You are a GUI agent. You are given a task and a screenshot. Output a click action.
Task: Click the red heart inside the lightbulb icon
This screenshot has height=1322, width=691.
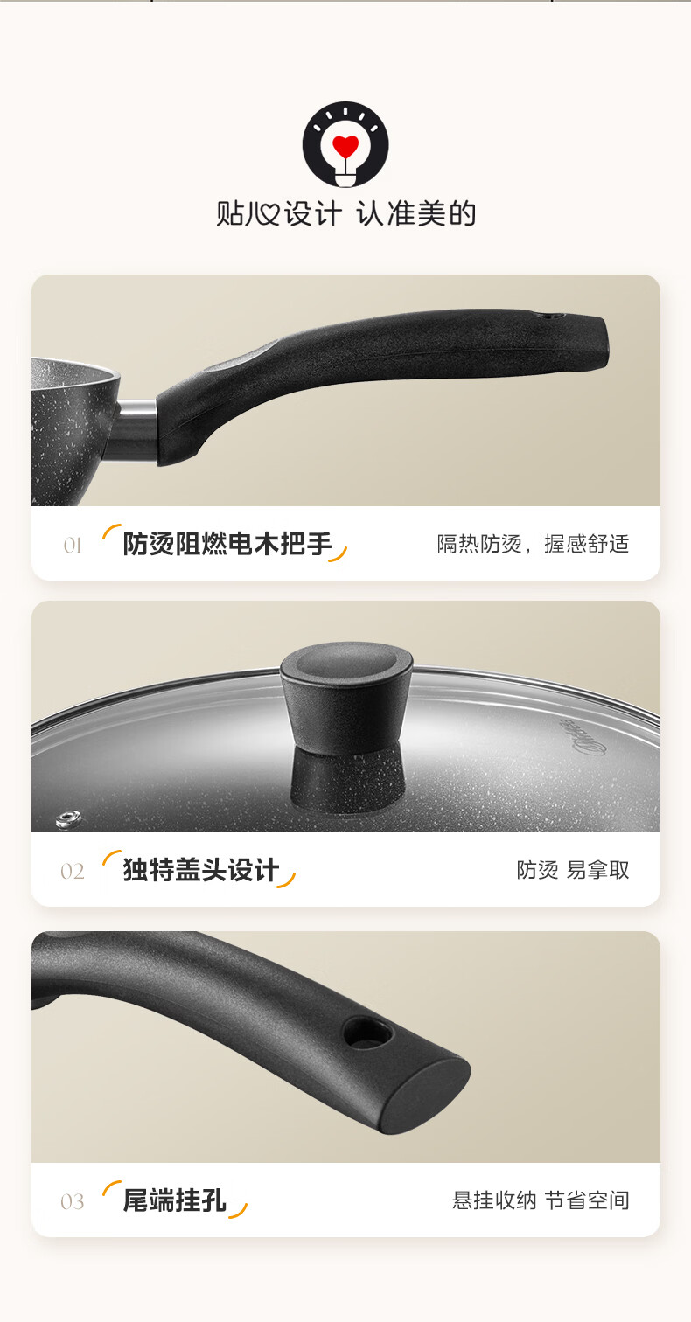[345, 146]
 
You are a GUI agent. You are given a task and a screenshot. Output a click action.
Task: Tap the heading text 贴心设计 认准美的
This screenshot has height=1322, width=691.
[346, 213]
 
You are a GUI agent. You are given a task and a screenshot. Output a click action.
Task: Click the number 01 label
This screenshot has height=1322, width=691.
[72, 546]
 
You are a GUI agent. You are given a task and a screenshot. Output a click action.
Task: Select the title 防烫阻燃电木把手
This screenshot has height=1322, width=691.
[227, 544]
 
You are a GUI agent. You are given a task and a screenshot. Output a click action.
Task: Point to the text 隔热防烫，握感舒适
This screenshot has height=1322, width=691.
[533, 544]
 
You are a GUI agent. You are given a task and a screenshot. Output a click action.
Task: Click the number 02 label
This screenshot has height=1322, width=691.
[72, 871]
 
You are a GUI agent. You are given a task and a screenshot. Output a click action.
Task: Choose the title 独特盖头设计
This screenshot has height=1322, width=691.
[201, 870]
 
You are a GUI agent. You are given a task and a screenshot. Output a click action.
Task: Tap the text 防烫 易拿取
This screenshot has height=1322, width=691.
[573, 870]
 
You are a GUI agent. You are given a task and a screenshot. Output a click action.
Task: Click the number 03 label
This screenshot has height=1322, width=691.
[72, 1201]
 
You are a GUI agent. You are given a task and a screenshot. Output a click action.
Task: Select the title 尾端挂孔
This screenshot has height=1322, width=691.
[175, 1200]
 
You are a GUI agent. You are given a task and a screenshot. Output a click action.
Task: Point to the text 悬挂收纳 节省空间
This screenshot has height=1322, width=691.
[541, 1200]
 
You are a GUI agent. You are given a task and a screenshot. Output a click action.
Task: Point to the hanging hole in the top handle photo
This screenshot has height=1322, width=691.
[554, 316]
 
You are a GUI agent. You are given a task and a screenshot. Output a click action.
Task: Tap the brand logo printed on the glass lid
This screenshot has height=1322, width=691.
[583, 738]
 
